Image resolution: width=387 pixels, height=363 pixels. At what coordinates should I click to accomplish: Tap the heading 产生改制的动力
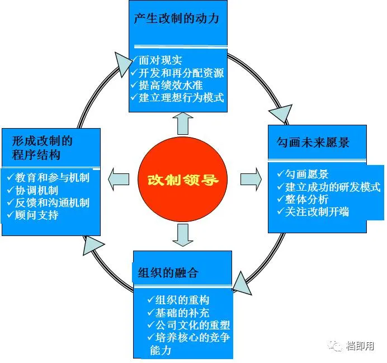(176, 18)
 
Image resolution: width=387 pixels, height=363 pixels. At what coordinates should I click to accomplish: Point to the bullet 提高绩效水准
(170, 85)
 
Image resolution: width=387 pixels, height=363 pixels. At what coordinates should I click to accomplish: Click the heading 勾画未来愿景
(313, 143)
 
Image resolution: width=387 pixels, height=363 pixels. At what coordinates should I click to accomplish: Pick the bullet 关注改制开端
(317, 212)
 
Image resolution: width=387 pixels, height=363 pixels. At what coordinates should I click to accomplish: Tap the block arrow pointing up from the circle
(182, 124)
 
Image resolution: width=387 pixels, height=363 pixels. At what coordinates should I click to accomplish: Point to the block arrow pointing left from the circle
(117, 178)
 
